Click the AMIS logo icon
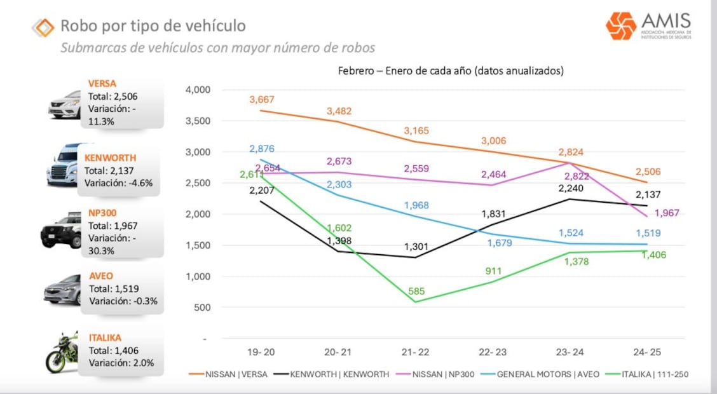pos(620,25)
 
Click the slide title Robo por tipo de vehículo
pos(153,26)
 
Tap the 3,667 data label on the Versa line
pos(263,99)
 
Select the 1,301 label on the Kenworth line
pos(416,247)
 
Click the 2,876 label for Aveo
pos(263,149)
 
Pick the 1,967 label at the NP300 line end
pos(667,212)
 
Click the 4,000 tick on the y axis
pos(197,90)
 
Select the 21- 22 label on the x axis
pos(416,351)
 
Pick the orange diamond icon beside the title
pos(43,27)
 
